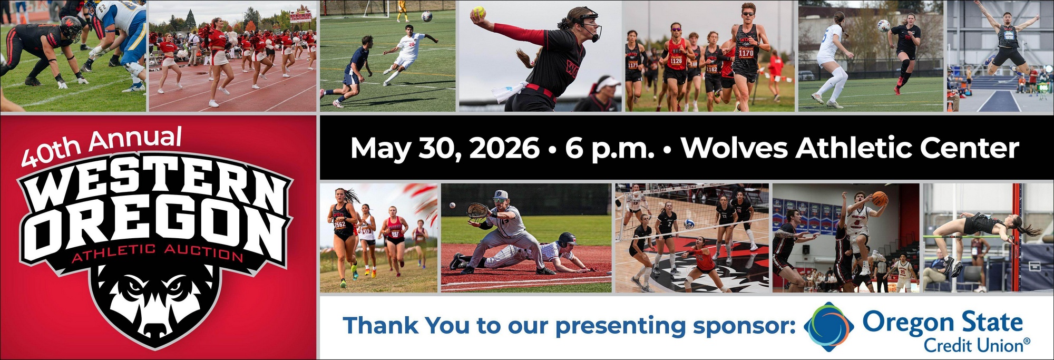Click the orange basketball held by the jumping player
coord(880,199)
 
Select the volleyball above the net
coord(689,224)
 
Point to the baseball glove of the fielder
coord(478,211)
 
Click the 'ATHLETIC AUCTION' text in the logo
coord(157,253)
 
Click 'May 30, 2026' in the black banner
coord(445,149)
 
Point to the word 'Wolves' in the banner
coord(735,148)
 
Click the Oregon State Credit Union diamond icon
coord(829,327)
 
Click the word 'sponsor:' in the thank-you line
coord(744,326)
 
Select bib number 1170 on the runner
coord(746,53)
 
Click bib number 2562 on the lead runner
coord(340,224)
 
